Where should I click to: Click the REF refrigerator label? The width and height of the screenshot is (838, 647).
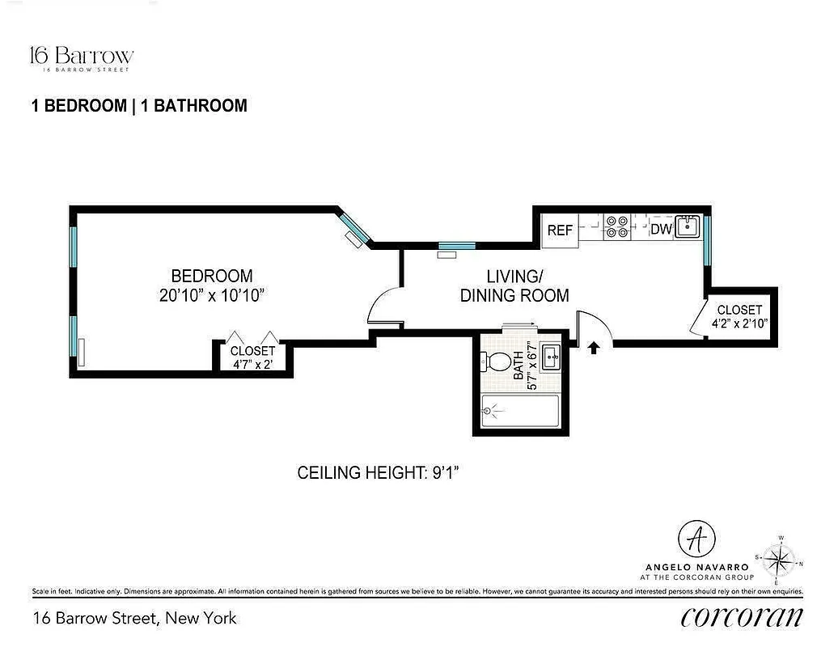(x=560, y=230)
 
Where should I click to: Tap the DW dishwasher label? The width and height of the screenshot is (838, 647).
(x=662, y=229)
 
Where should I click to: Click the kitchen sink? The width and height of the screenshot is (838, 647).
(x=688, y=226)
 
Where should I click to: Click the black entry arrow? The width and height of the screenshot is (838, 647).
(x=594, y=348)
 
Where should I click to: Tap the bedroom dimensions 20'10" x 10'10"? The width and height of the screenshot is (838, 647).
(x=213, y=295)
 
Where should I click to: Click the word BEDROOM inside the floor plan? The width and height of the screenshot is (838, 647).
(x=211, y=276)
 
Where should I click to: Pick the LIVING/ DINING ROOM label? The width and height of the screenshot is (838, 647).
(x=514, y=286)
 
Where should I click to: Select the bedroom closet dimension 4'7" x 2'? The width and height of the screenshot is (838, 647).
(x=252, y=363)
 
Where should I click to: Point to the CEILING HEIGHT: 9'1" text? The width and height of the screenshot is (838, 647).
(x=379, y=473)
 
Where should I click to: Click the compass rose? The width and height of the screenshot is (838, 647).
(x=781, y=559)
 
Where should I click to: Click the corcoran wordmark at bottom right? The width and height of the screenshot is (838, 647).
(x=742, y=617)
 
